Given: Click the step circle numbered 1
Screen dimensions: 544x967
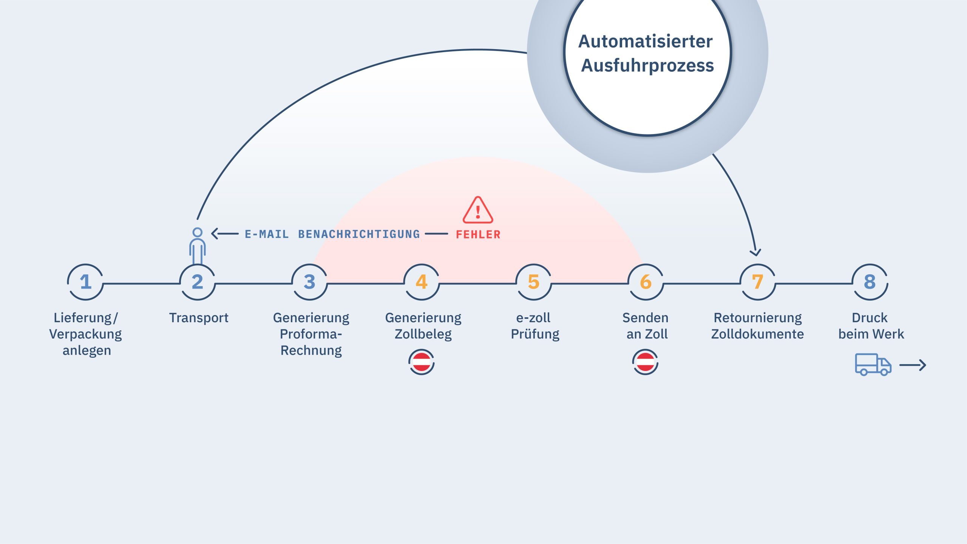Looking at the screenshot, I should click(85, 282).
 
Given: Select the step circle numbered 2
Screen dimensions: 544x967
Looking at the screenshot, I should click(197, 282).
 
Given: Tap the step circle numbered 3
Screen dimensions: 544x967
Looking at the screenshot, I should click(309, 282).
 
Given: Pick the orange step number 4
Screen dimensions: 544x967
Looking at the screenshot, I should click(422, 282).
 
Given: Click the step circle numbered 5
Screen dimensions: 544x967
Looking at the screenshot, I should click(533, 282).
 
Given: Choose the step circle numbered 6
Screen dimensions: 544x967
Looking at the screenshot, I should click(646, 282).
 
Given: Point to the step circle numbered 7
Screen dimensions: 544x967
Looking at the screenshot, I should click(757, 282).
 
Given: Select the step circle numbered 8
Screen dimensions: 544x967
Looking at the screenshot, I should click(870, 282).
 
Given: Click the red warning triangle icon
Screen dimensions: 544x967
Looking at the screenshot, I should click(478, 210).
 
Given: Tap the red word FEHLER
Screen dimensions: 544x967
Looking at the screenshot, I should click(478, 235).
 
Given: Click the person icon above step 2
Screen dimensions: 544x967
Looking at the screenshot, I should click(197, 246).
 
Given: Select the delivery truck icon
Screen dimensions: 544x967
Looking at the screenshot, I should click(873, 365).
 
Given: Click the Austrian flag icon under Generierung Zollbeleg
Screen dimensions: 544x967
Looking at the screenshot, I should click(422, 362).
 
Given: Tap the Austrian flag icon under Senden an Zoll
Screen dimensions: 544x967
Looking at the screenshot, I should click(645, 362).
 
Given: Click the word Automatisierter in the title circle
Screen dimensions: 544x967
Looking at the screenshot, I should click(646, 41).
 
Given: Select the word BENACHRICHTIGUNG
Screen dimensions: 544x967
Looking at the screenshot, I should click(359, 234).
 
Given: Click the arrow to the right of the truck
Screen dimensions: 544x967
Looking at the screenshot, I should click(913, 365).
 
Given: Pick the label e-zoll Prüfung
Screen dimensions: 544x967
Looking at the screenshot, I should click(534, 326).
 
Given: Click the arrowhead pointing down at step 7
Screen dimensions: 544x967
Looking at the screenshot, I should click(755, 252).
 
